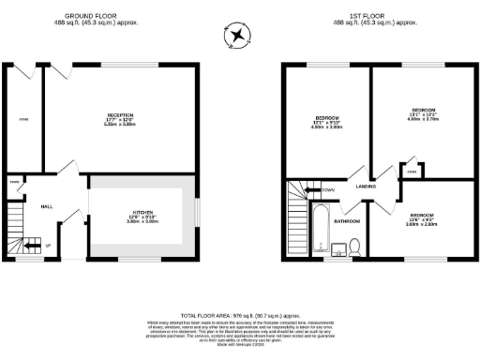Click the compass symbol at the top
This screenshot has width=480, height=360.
pos(239,37)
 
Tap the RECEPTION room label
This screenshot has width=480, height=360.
pos(121,115)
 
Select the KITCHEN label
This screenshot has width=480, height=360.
pos(142,212)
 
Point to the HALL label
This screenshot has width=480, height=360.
pos(45,206)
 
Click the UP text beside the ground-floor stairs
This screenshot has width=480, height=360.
pos(48,247)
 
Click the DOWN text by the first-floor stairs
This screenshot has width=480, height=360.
pos(328,190)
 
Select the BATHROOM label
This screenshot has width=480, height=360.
pos(349,221)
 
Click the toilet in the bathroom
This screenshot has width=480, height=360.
pos(354,247)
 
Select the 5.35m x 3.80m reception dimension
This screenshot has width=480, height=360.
pos(121,125)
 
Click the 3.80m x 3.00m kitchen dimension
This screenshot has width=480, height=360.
pos(142,222)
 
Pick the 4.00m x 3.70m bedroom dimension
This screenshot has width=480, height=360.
pos(419,119)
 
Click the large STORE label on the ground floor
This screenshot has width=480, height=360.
pos(23,119)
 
